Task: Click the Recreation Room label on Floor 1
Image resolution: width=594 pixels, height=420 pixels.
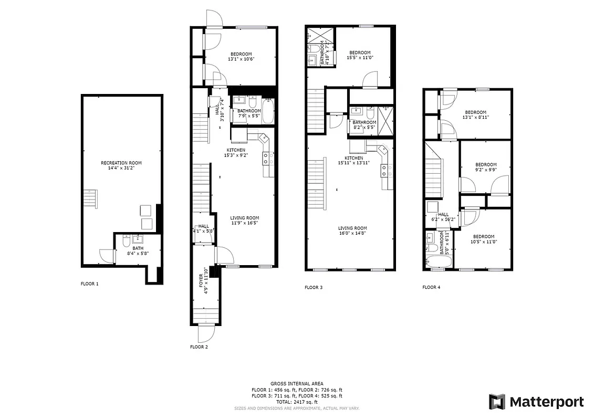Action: [121, 163]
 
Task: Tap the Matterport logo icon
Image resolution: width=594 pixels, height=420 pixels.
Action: [497, 402]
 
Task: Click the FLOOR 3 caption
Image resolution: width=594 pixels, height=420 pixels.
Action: [314, 287]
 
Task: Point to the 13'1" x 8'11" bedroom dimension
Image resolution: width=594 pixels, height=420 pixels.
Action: [475, 118]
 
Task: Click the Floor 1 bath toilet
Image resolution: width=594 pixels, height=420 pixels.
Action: [126, 241]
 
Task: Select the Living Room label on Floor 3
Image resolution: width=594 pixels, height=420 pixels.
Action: [352, 228]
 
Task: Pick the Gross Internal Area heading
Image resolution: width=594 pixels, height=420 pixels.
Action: [297, 384]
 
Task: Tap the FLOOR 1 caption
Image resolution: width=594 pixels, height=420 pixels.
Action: [89, 283]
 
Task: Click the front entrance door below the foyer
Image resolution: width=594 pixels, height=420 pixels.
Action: [205, 333]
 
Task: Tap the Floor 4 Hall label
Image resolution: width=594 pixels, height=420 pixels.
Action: [443, 214]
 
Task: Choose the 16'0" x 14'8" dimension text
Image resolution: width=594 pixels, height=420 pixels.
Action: [352, 234]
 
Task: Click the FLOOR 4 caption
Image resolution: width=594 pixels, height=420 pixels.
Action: [432, 287]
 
